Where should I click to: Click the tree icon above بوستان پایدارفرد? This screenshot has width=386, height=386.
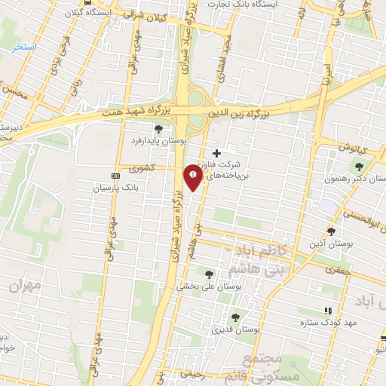tap(158, 130)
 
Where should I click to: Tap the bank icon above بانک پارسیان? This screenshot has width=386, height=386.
tap(115, 174)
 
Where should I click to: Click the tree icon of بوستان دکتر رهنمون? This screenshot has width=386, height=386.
tap(358, 167)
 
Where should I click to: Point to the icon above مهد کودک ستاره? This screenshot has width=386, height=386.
tap(327, 311)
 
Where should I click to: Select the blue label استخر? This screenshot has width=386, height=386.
tap(24, 47)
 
